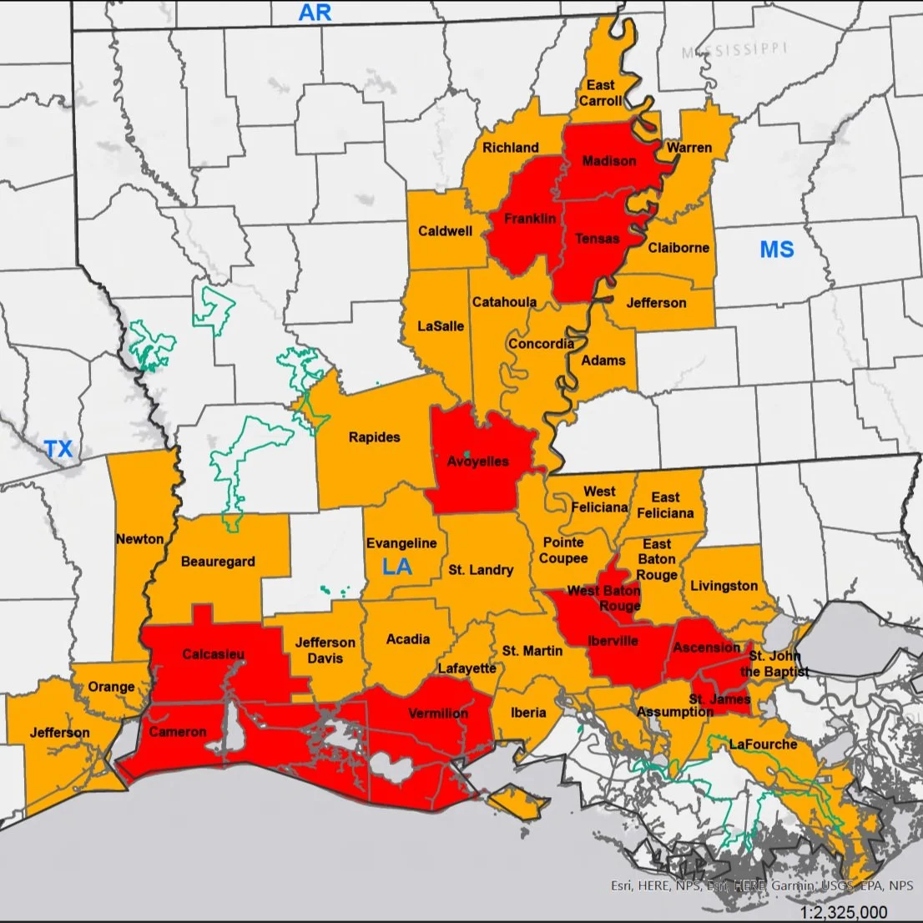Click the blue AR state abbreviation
pyautogui.click(x=315, y=12)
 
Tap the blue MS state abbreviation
pyautogui.click(x=776, y=250)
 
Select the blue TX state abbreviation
pyautogui.click(x=58, y=449)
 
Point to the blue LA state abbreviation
pyautogui.click(x=397, y=567)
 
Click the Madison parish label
pyautogui.click(x=608, y=161)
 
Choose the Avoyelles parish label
pyautogui.click(x=477, y=461)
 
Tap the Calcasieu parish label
pyautogui.click(x=214, y=654)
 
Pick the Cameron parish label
pyautogui.click(x=177, y=732)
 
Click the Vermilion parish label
pyautogui.click(x=438, y=714)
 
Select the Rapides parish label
pyautogui.click(x=374, y=437)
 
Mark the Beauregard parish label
pyautogui.click(x=218, y=562)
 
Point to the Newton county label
pyautogui.click(x=139, y=539)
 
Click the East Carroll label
pyautogui.click(x=601, y=93)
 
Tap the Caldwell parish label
pyautogui.click(x=445, y=231)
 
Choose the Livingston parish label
pyautogui.click(x=724, y=586)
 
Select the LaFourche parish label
pyautogui.click(x=763, y=744)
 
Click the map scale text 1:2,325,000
pyautogui.click(x=843, y=912)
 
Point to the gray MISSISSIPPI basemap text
pyautogui.click(x=734, y=51)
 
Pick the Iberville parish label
pyautogui.click(x=613, y=641)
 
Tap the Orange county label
pyautogui.click(x=111, y=687)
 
